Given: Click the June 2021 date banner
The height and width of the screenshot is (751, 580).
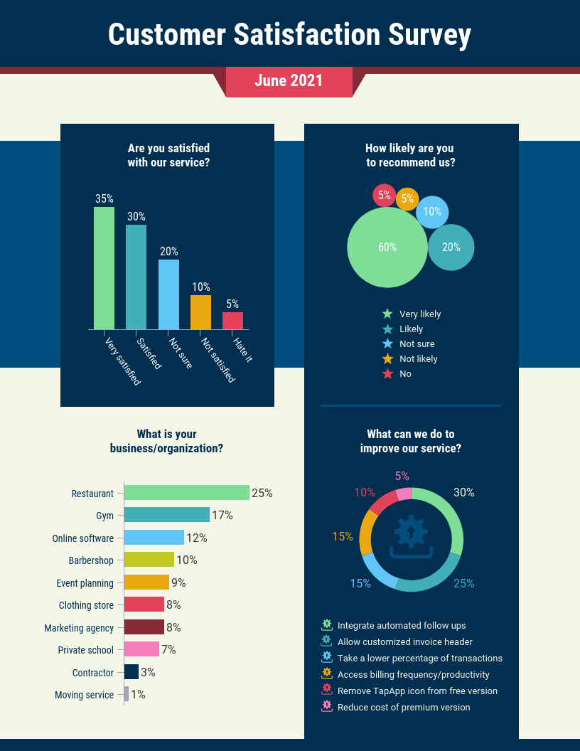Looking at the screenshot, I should [289, 81].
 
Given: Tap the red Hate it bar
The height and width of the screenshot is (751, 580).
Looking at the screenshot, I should [232, 321].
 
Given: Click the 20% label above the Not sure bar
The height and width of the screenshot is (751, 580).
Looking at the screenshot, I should [168, 251].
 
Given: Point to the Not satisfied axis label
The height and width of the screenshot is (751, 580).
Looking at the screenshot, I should [217, 360].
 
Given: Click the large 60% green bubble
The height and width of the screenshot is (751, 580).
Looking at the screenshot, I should [387, 247].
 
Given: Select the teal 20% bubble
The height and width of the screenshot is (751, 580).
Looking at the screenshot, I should [451, 247].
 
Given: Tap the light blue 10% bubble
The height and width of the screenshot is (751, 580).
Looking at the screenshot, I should [432, 211].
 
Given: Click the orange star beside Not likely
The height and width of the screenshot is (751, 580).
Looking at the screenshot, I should [387, 358].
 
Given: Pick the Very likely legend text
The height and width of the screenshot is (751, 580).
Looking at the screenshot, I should [420, 314].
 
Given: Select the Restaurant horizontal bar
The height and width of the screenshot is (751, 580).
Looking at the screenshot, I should [187, 493].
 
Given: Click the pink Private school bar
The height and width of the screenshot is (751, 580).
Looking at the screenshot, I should [141, 649].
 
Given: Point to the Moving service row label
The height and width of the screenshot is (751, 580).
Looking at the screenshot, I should [84, 695].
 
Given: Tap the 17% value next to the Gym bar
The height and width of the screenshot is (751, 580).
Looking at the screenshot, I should [222, 515].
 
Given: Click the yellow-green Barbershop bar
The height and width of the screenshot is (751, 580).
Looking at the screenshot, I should [149, 560].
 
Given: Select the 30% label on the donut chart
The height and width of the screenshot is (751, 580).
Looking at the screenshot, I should [464, 492].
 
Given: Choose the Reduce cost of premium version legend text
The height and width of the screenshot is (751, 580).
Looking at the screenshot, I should [404, 707].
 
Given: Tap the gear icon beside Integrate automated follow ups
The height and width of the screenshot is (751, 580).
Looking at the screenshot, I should [327, 625].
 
